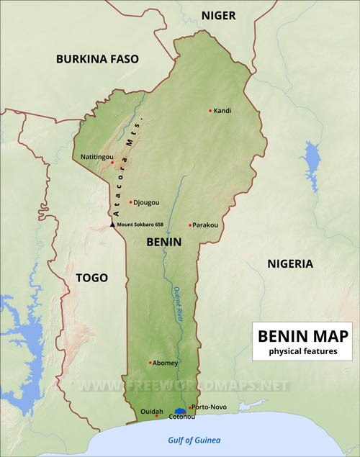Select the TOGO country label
point(92,278)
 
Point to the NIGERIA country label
point(290,263)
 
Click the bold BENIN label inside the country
point(163,243)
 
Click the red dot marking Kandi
point(210,111)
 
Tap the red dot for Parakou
point(190,225)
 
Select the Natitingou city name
point(91,155)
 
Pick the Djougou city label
point(148,202)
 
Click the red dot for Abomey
point(150,362)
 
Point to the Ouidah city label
point(152,412)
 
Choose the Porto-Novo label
point(210,407)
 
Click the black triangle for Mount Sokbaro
point(112,225)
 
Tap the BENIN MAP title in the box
point(302,336)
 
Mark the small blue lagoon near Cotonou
point(180,410)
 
